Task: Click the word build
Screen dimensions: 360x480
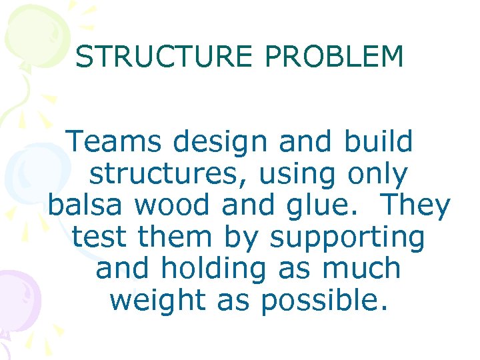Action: (379, 141)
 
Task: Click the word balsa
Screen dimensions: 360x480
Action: (86, 205)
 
